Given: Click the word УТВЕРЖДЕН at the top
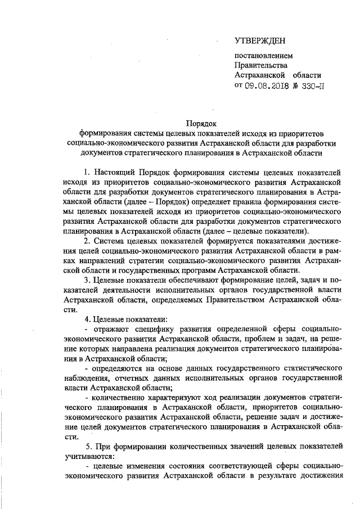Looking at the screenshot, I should tap(260, 41).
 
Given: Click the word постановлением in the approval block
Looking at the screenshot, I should tap(263, 56).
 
